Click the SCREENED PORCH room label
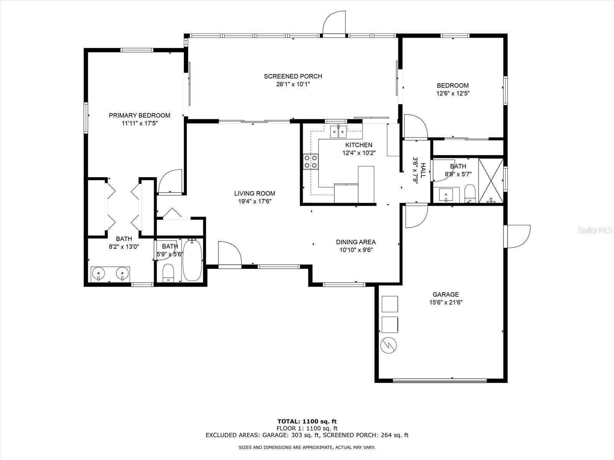(x=293, y=76)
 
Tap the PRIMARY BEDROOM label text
(x=139, y=115)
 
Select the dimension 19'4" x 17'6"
(x=254, y=201)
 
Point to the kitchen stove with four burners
(x=311, y=161)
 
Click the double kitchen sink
(x=338, y=131)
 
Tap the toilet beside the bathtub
(x=168, y=273)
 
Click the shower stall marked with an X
(x=491, y=181)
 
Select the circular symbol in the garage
(x=388, y=345)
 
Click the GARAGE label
(x=446, y=294)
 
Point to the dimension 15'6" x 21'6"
(x=446, y=302)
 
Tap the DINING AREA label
(x=356, y=242)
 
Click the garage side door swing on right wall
(x=517, y=236)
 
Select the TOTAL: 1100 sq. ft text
(x=307, y=421)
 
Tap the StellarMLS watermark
(x=595, y=230)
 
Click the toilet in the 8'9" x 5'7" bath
(x=470, y=193)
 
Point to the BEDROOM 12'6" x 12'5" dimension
(x=453, y=93)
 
